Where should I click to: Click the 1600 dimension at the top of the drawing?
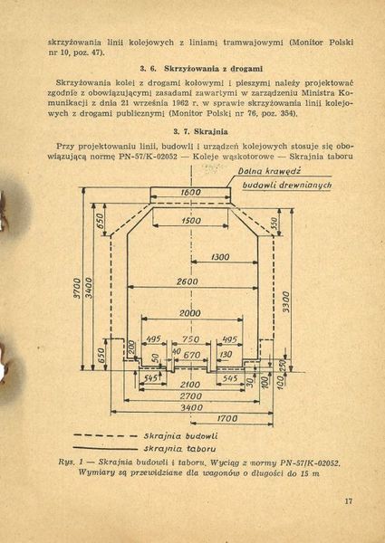click(189, 192)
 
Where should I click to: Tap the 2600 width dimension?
click(188, 282)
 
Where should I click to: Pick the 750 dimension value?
click(189, 340)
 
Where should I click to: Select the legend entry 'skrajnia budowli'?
click(178, 436)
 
